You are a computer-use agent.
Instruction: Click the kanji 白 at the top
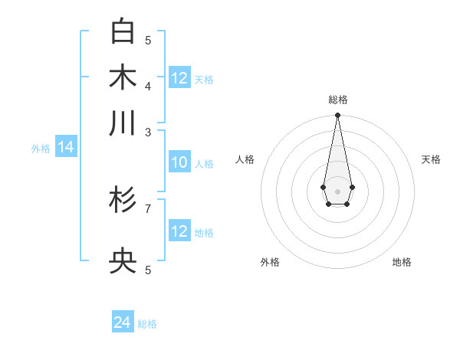coord(123,31)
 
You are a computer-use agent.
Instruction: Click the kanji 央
coord(123,262)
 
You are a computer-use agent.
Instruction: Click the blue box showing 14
coord(66,148)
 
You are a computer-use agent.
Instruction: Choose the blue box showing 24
coord(122,322)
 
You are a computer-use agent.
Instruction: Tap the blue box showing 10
coord(179,162)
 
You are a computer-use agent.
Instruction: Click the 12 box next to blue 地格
coord(179,231)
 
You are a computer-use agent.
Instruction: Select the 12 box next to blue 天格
coord(179,78)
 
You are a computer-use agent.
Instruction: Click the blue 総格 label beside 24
coord(147,324)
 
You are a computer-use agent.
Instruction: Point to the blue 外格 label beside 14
coord(41,149)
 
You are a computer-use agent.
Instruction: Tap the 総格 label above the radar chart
coord(337,100)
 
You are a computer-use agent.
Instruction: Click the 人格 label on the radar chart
coord(245,159)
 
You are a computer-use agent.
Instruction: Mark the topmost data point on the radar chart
coord(337,116)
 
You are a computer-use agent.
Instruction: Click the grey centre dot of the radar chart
coord(337,191)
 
